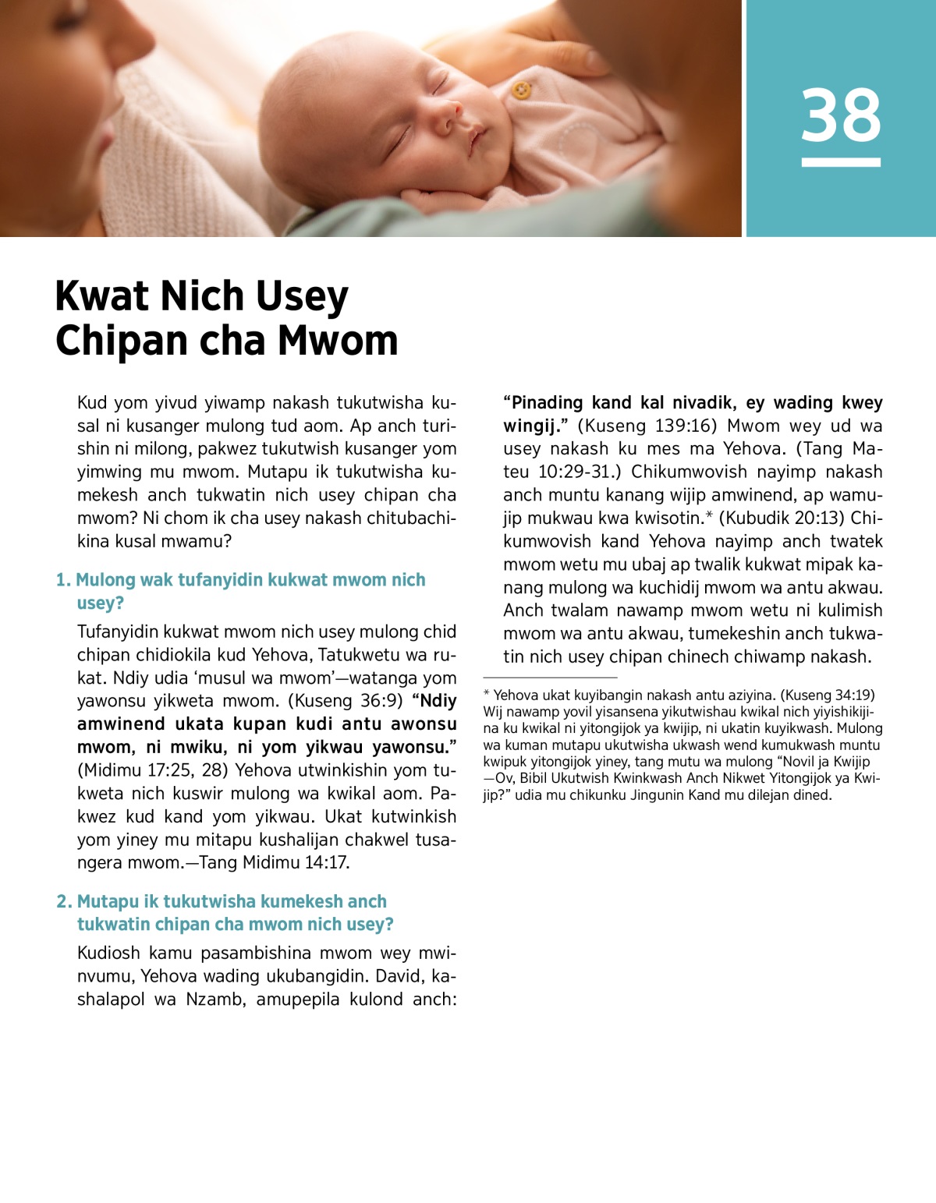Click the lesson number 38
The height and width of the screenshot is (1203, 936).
(x=841, y=115)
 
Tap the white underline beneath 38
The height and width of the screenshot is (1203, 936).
(x=841, y=162)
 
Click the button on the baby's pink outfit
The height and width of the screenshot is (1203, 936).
(x=521, y=91)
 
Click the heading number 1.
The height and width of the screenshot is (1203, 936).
(x=62, y=580)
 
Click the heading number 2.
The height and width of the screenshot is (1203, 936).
(x=64, y=901)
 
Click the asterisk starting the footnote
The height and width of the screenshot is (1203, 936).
(x=487, y=694)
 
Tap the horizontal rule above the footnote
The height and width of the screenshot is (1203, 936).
(x=550, y=678)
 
